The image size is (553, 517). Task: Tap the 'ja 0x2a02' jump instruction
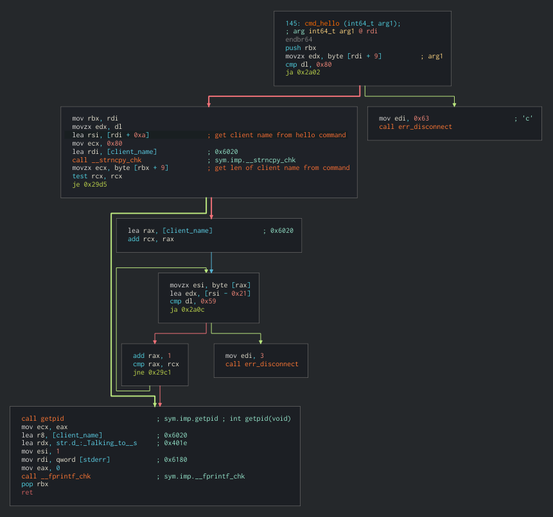coord(303,72)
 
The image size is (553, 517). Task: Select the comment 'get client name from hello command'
coord(279,135)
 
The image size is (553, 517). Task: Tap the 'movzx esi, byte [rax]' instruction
coord(210,285)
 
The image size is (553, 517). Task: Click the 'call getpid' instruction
coord(42,419)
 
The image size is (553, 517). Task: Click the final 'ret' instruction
coord(27,492)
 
